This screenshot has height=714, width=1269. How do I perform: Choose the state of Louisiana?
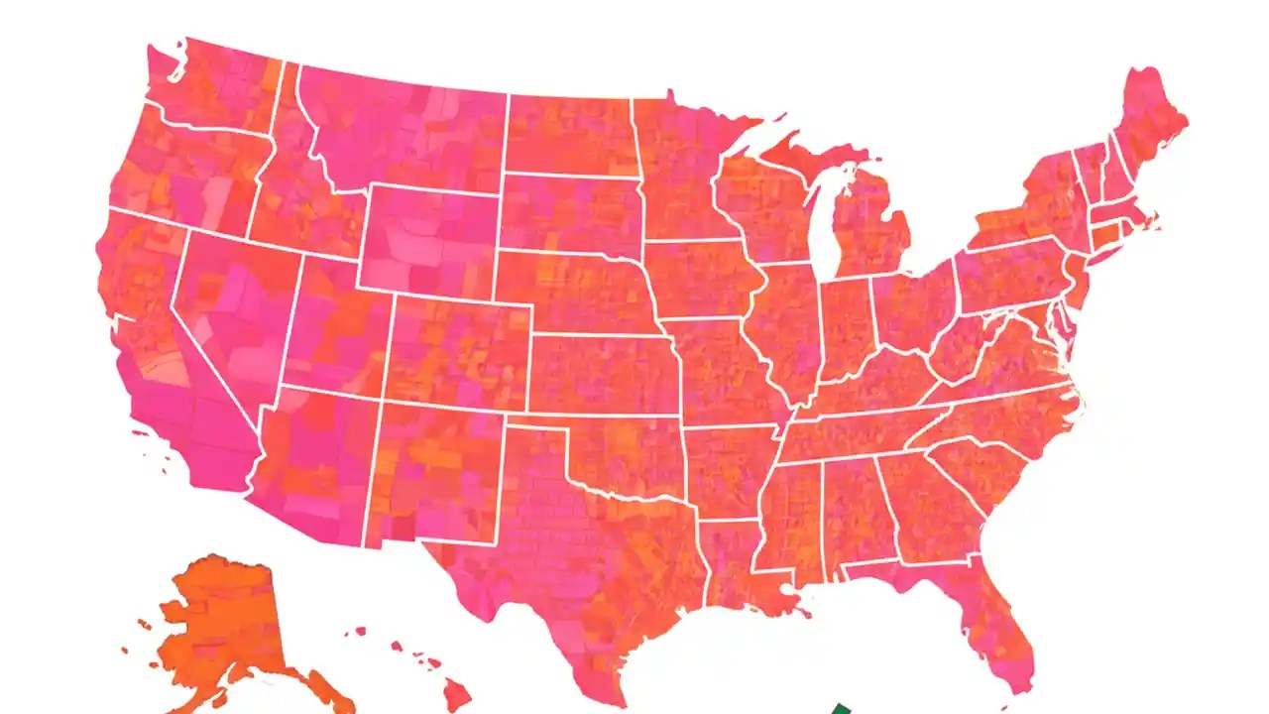click(734, 565)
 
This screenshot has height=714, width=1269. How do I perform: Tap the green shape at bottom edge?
click(840, 708)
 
